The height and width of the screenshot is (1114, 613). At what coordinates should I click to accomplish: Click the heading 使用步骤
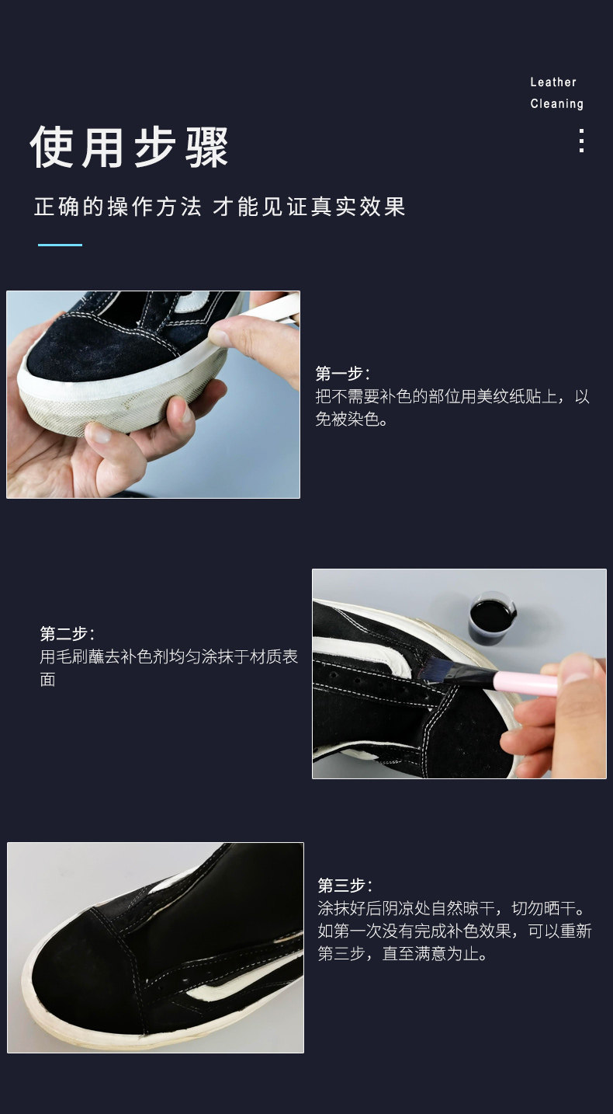coord(130,147)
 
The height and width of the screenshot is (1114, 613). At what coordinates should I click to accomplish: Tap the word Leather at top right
coord(553,82)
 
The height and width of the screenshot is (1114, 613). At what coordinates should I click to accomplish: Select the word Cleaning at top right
coord(556,104)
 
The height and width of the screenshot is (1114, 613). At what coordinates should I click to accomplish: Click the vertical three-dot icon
coord(581,141)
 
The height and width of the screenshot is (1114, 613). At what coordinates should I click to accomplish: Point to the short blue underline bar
coord(60,245)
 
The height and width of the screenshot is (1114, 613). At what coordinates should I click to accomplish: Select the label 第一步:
coord(342,373)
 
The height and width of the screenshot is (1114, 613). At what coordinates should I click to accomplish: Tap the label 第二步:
coord(67,633)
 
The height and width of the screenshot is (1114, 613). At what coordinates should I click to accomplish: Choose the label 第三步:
coord(345,886)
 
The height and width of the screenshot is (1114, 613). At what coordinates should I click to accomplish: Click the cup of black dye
coord(492,618)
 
